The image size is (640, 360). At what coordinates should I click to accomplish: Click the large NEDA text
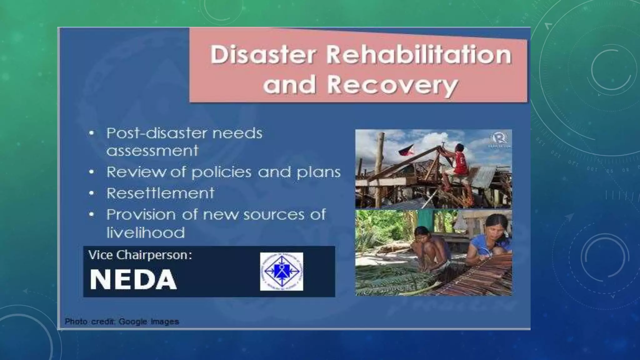(x=133, y=279)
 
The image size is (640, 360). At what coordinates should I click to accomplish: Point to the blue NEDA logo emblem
(x=282, y=271)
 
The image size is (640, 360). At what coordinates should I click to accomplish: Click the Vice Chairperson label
(x=140, y=255)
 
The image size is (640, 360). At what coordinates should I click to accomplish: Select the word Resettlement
(x=160, y=193)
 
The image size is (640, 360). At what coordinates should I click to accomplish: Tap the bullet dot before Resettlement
(x=91, y=193)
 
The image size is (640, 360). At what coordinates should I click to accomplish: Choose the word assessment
(x=152, y=151)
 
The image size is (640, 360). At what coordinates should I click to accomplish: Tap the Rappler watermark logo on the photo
(x=498, y=139)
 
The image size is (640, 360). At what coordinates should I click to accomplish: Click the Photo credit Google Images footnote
(x=122, y=321)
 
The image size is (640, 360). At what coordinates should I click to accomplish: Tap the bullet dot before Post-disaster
(x=91, y=133)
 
